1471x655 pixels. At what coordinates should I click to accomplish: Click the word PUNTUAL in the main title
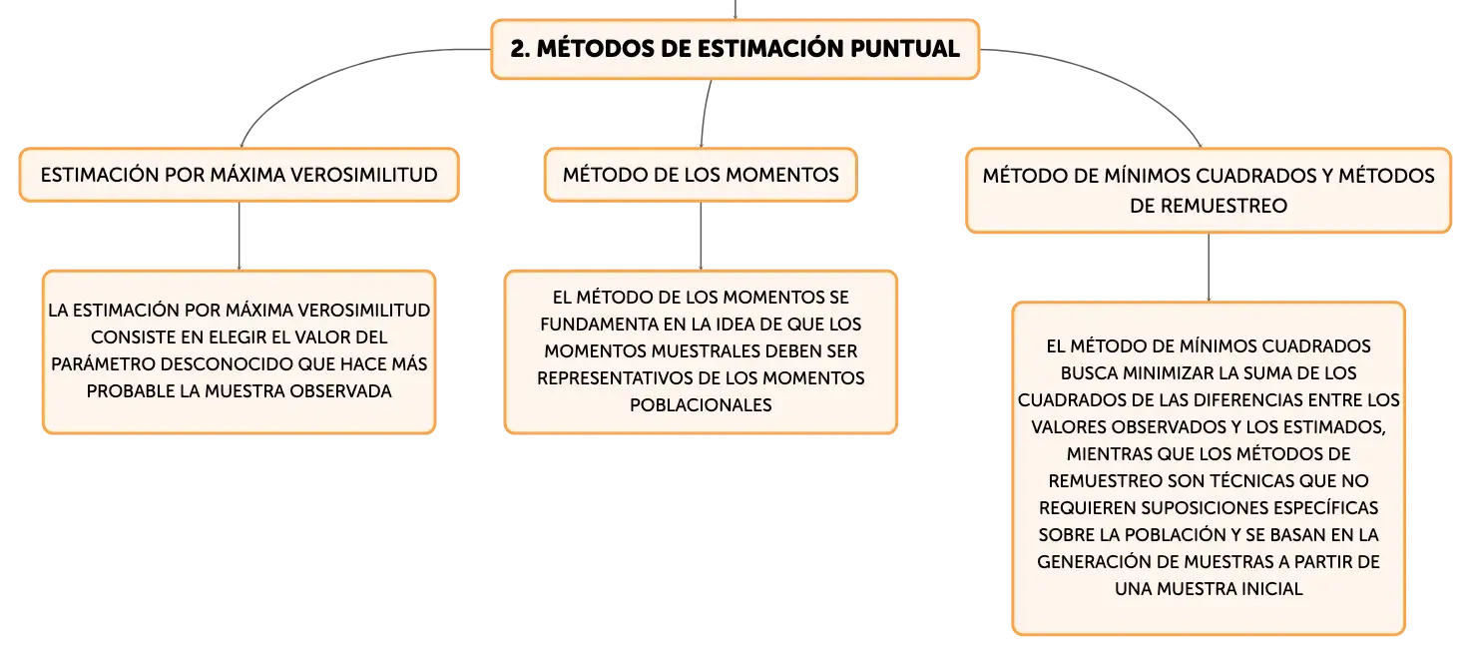point(904,49)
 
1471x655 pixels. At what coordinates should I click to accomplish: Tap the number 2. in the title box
point(520,49)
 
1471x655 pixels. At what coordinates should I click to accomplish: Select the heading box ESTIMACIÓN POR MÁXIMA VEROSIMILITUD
point(240,175)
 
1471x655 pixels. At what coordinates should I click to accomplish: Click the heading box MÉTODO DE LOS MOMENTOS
point(701,175)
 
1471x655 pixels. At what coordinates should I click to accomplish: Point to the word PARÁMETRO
point(104,364)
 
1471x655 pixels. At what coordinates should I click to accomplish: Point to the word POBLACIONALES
point(701,404)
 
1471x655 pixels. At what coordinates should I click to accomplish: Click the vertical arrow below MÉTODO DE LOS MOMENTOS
point(701,236)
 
